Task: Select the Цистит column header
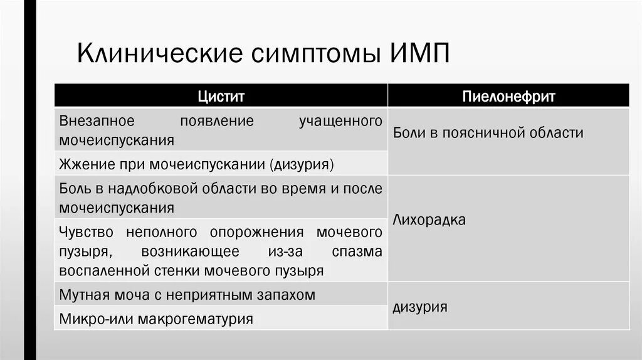tap(221, 97)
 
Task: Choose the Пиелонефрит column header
tap(508, 97)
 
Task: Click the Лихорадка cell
tap(429, 220)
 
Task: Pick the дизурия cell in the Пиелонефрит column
tap(420, 307)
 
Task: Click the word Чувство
tap(87, 232)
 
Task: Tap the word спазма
tap(358, 251)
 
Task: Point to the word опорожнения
tap(257, 232)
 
